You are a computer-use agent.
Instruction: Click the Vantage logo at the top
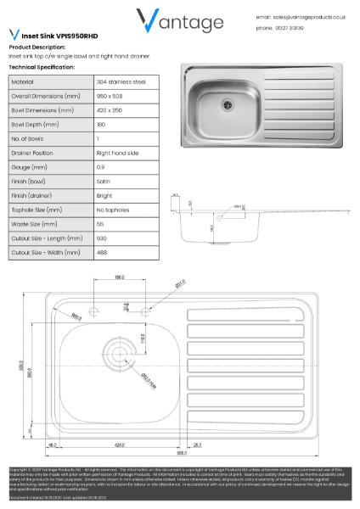click(180, 22)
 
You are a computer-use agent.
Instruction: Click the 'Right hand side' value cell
click(119, 152)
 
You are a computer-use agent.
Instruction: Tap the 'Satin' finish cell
click(103, 181)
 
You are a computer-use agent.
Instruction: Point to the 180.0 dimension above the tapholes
click(120, 277)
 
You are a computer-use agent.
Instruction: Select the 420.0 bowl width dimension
click(119, 445)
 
